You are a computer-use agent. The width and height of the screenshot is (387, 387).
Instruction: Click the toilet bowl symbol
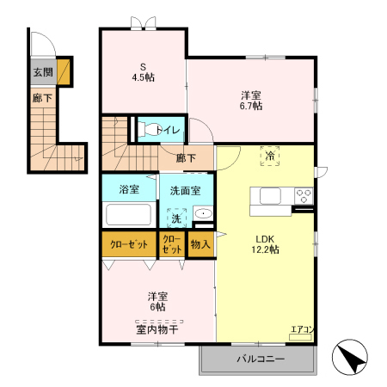(x=148, y=129)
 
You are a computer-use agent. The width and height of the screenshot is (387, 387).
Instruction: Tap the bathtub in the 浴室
(x=128, y=214)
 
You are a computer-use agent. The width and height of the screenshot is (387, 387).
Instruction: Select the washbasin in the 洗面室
(x=203, y=213)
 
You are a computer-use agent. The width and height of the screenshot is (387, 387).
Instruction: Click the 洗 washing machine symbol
(x=176, y=218)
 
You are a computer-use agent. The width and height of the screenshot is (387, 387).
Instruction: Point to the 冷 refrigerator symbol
(x=270, y=156)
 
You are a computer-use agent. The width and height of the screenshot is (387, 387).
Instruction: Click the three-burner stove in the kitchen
(x=304, y=196)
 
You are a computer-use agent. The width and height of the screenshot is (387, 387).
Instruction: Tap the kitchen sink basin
(x=270, y=196)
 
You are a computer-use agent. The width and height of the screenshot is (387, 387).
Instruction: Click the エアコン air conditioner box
(x=300, y=337)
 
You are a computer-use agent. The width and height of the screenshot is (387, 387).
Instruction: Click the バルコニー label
(x=261, y=359)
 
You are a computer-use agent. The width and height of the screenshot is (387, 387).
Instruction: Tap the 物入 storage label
(x=200, y=244)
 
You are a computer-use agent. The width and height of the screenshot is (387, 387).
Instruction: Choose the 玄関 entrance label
(x=43, y=72)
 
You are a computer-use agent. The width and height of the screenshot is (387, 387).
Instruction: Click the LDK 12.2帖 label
(x=265, y=244)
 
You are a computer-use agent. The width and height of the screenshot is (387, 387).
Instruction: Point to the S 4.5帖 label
(x=143, y=72)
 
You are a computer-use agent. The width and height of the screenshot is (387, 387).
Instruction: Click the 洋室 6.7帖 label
(x=251, y=101)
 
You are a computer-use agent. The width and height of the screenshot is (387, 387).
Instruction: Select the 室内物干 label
(x=157, y=329)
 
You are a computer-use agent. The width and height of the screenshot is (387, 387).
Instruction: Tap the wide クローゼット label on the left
(x=129, y=244)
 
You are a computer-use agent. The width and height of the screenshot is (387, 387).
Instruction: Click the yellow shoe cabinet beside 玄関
(x=64, y=72)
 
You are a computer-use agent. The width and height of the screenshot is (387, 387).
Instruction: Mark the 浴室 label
(x=129, y=189)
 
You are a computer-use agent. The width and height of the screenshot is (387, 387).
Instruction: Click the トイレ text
(x=168, y=131)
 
